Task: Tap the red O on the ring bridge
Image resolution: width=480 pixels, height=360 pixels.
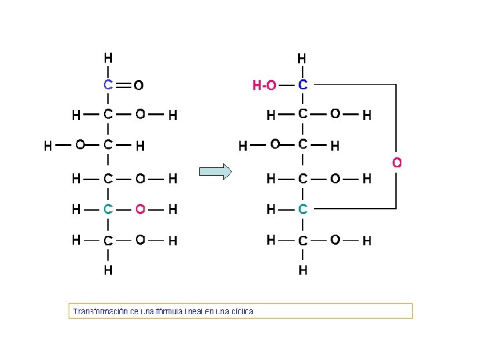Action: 397,162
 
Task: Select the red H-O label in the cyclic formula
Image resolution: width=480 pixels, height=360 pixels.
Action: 264,85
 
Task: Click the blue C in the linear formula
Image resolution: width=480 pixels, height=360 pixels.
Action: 107,85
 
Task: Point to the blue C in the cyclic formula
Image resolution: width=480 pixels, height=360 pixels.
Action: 303,85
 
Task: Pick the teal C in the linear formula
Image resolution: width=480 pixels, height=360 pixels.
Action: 107,209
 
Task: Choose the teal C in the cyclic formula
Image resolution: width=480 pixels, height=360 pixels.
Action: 303,209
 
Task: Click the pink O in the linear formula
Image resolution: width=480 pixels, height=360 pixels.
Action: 140,209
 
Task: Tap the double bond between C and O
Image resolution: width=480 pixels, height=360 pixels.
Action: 123,85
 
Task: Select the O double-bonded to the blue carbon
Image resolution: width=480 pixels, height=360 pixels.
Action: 139,85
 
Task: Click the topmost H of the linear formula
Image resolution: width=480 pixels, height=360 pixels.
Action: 107,58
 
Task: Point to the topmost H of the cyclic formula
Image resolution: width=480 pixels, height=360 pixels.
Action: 302,59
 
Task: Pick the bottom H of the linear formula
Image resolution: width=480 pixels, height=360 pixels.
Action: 107,271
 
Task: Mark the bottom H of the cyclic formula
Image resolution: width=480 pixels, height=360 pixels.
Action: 303,271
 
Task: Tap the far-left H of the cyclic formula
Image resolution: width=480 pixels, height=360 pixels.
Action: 243,145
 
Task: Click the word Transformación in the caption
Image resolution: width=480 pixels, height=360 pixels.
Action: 101,311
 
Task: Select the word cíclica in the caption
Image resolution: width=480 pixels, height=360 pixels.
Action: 241,311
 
